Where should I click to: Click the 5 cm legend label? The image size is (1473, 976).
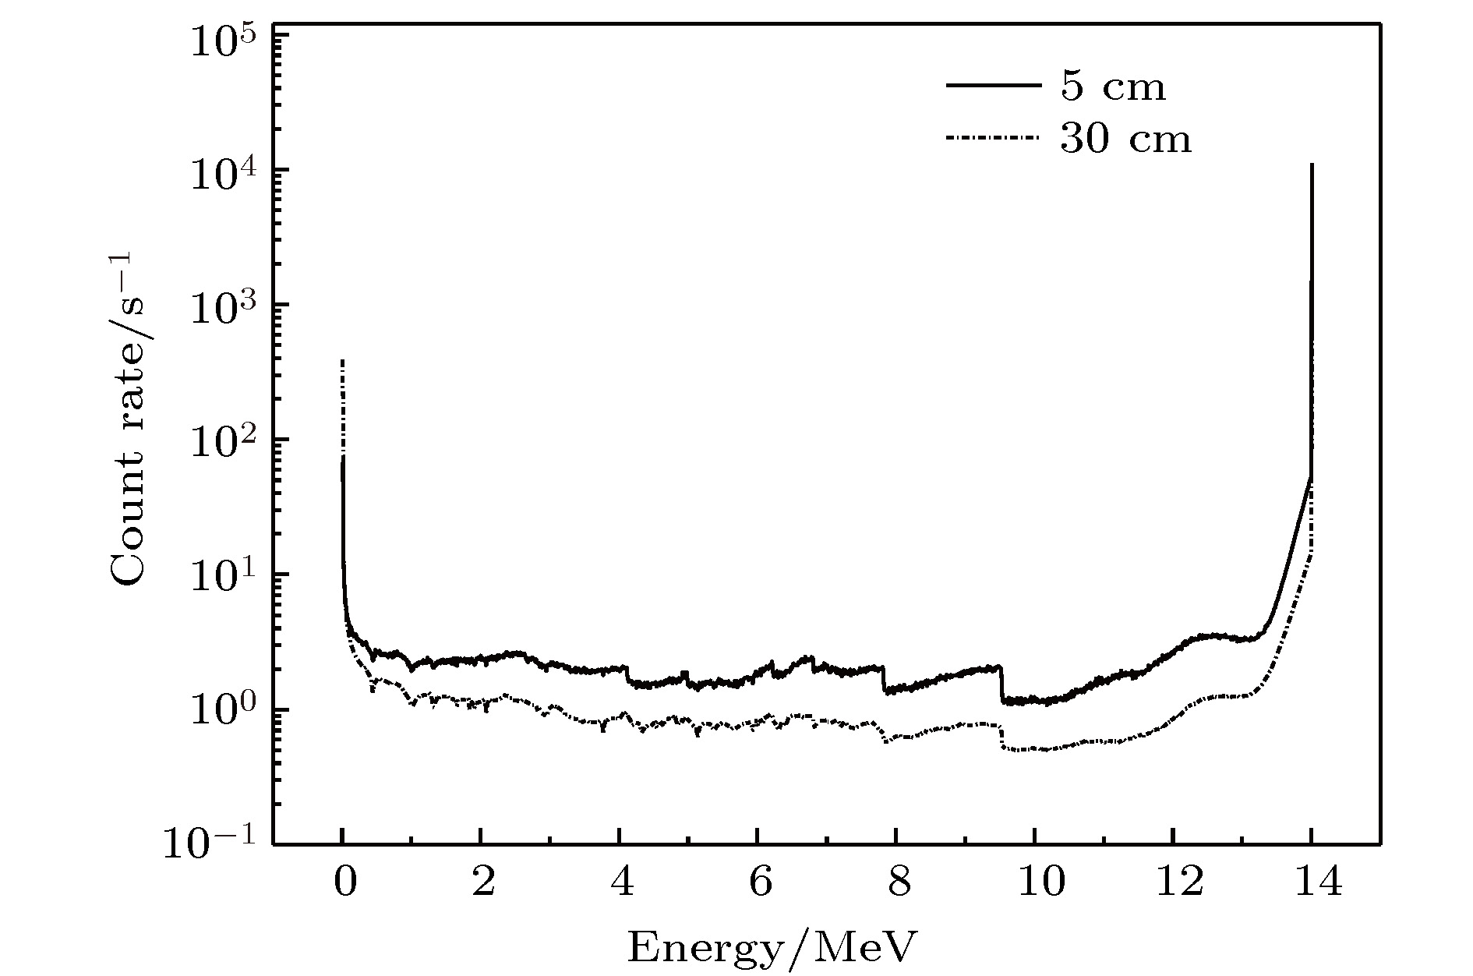pyautogui.click(x=1112, y=87)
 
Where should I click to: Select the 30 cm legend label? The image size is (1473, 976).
pyautogui.click(x=1125, y=140)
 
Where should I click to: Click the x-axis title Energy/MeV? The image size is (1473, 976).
pyautogui.click(x=772, y=948)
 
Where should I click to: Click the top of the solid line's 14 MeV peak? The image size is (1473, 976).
pyautogui.click(x=1312, y=164)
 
